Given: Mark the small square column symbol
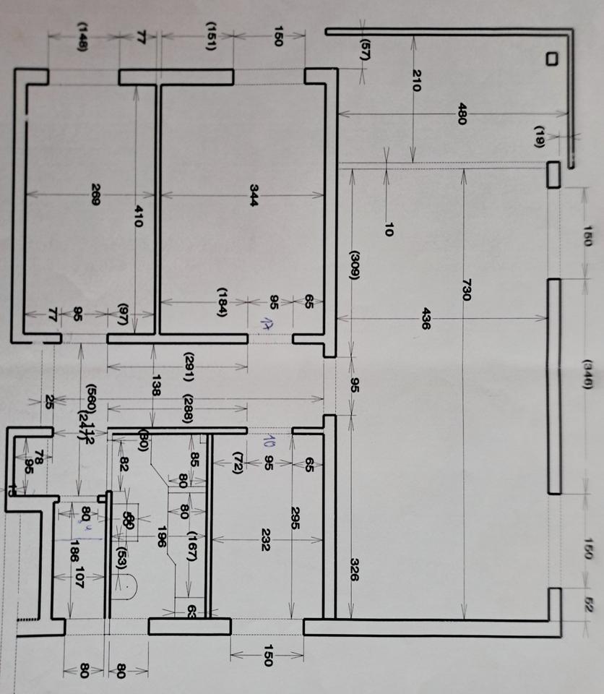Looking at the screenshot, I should coord(552,59).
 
